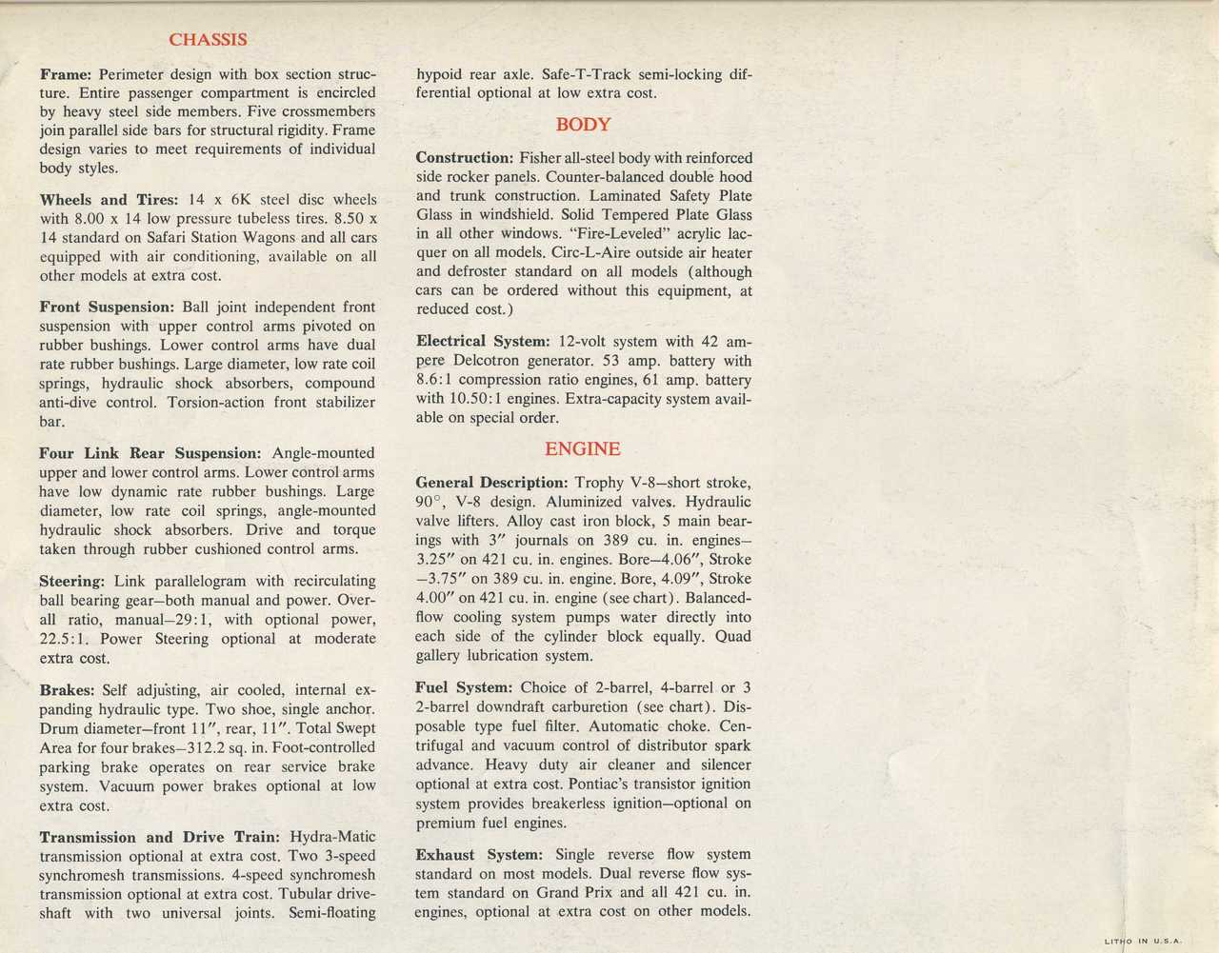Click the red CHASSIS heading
click(208, 40)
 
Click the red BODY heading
click(583, 125)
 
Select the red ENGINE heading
click(582, 449)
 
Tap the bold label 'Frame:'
click(66, 74)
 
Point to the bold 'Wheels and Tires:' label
click(109, 200)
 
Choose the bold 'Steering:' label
click(71, 581)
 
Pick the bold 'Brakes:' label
click(67, 690)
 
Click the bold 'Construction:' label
click(465, 158)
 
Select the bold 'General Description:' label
click(491, 483)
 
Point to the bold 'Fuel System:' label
click(464, 687)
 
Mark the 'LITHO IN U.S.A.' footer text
click(1143, 942)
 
